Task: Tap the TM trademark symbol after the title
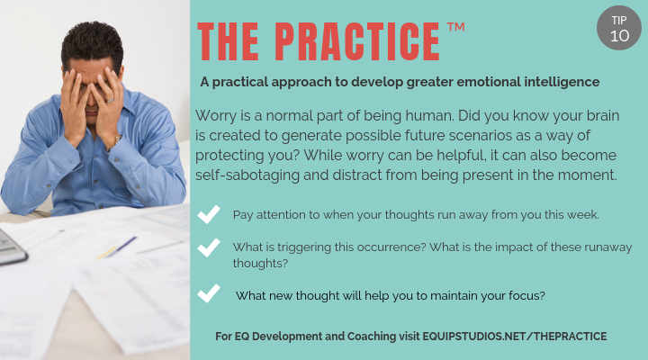455,29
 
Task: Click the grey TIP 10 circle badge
618,29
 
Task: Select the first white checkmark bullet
209,215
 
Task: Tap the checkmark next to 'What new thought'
209,293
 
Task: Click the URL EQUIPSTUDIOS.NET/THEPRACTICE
517,336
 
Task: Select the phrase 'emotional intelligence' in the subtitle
523,82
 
